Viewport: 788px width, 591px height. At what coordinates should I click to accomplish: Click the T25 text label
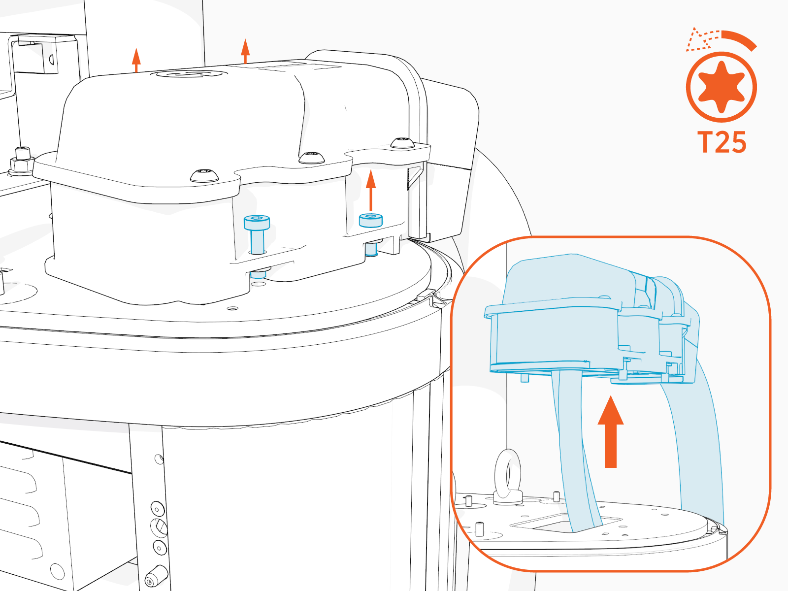tap(722, 142)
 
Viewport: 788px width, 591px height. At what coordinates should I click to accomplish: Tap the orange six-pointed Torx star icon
tap(721, 87)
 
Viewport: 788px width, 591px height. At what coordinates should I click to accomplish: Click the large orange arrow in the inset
tap(611, 431)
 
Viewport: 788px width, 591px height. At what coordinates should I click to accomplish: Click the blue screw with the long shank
tap(257, 234)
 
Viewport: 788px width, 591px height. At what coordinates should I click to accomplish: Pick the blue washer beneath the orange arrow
tap(370, 220)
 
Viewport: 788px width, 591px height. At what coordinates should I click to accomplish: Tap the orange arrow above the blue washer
tap(371, 190)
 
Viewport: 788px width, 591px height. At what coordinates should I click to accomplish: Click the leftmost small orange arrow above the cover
tap(136, 60)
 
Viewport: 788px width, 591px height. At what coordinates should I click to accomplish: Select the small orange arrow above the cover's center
tap(245, 51)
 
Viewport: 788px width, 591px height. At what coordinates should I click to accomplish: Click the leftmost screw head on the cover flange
tap(204, 175)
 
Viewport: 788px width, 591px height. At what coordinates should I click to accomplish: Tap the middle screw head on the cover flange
tap(312, 158)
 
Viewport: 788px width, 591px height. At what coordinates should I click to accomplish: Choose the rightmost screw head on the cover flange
tap(402, 143)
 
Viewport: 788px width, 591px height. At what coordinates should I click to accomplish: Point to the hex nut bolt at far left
tap(22, 162)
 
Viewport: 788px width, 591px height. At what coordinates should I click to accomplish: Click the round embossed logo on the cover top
tap(188, 74)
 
